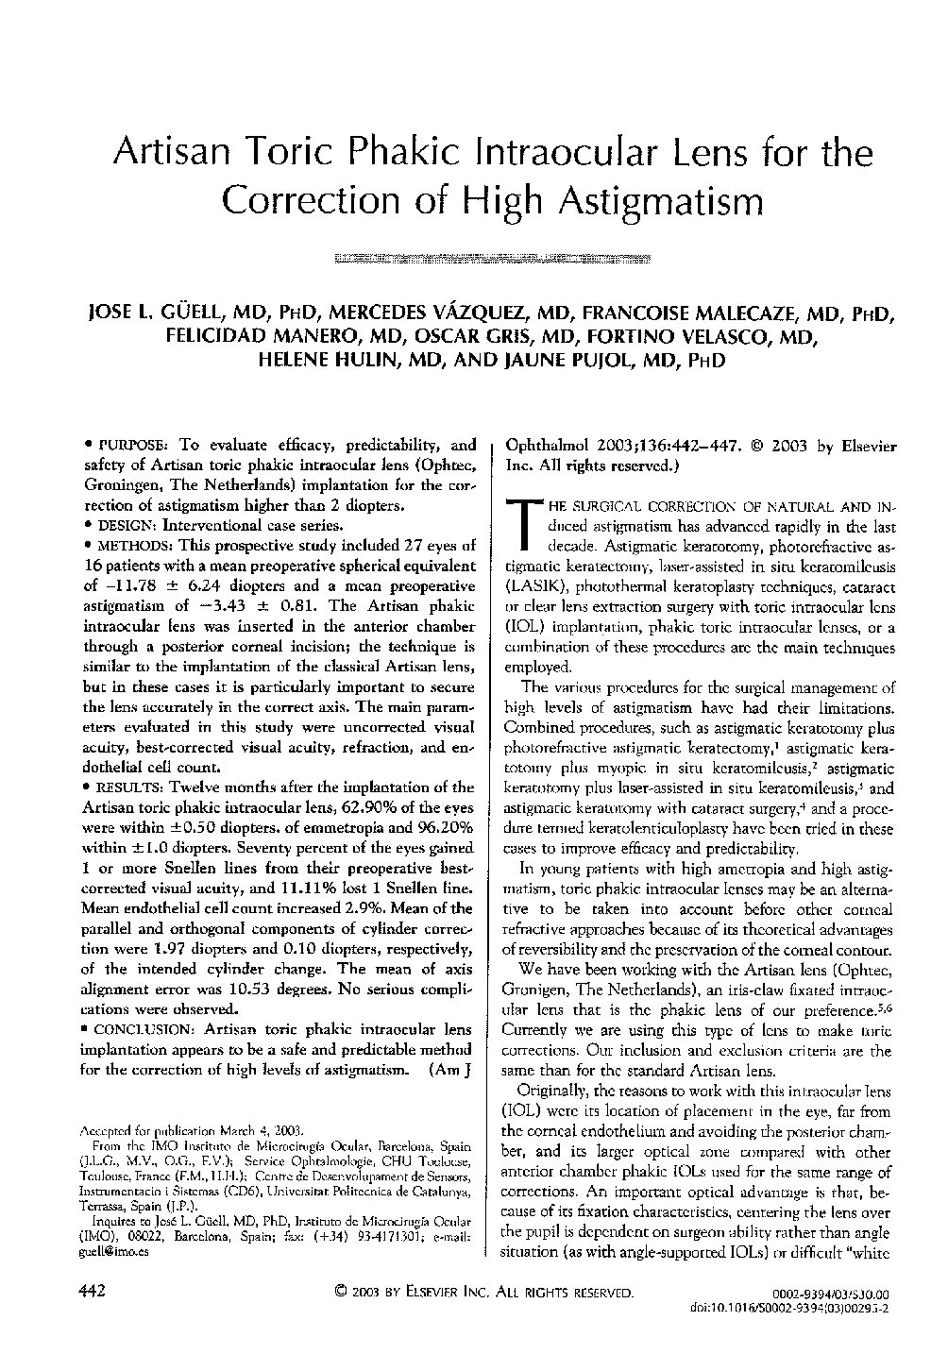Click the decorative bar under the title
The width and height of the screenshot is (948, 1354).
coord(494,257)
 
